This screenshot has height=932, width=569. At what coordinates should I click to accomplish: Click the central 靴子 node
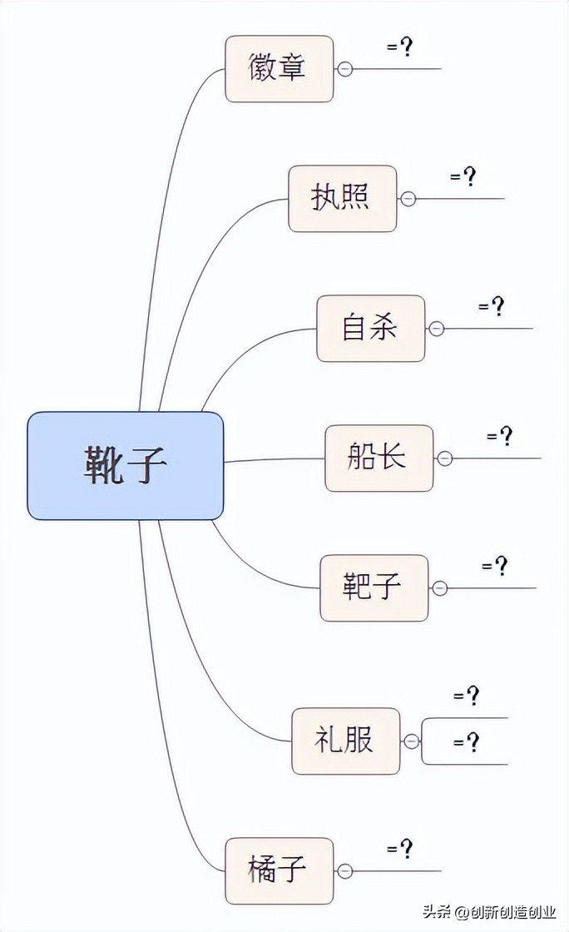pos(126,465)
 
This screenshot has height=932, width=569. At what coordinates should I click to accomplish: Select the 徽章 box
pos(279,68)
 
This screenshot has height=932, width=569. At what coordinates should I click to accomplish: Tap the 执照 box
pos(342,198)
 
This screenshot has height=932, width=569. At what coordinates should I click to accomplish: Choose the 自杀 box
pos(370,328)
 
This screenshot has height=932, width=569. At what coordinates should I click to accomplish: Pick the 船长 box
pos(379,458)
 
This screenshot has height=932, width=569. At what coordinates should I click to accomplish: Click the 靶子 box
pos(374,587)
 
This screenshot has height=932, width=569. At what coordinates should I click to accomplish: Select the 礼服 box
pos(345,741)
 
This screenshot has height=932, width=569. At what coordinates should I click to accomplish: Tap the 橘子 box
pos(279,870)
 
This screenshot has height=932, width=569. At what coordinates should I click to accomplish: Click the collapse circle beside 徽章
pos(345,69)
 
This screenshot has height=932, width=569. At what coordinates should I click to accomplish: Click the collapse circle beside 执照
pos(408,199)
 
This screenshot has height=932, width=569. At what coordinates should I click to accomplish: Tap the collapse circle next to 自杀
pos(437,329)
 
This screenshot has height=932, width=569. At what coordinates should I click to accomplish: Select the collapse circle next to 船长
pos(445,459)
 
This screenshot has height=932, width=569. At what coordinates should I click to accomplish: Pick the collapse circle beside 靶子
pos(440,588)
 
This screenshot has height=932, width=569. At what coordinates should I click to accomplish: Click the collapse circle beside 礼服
pos(412,741)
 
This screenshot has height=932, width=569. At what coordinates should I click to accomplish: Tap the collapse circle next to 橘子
pos(345,871)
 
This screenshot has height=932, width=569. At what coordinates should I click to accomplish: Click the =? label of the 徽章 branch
pos(400,47)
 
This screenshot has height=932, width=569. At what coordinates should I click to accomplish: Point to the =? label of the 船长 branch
pos(500,437)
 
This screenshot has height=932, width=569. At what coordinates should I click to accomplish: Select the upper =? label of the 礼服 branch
pos(467,696)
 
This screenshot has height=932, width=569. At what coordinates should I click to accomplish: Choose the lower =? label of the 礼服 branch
pos(467,741)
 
